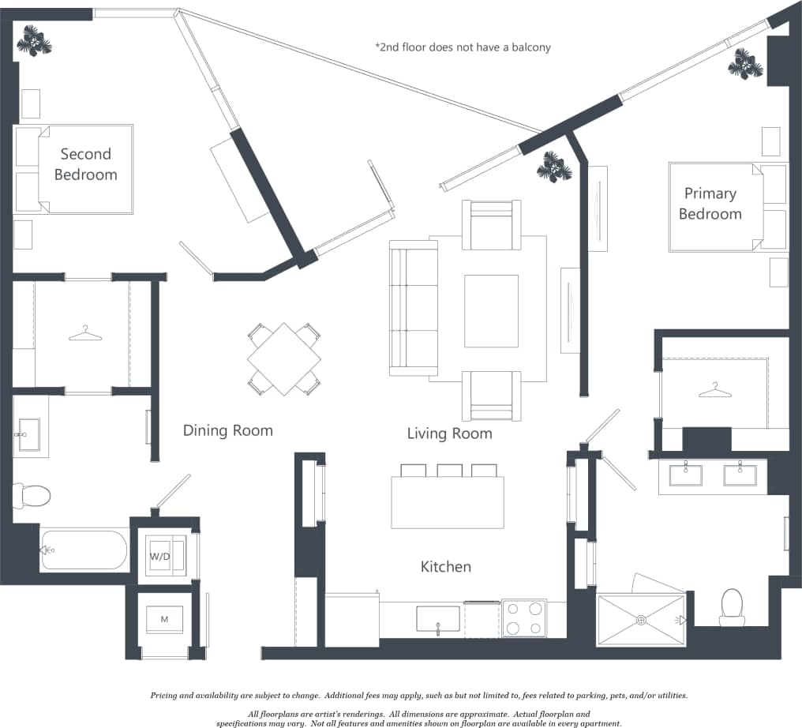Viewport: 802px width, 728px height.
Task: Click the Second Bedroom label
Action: pyautogui.click(x=85, y=164)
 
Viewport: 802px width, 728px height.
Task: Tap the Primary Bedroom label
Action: pyautogui.click(x=710, y=204)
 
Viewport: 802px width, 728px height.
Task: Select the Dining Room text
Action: pyautogui.click(x=227, y=430)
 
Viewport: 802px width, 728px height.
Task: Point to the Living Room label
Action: pyautogui.click(x=449, y=433)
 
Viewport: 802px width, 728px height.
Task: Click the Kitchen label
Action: pyautogui.click(x=445, y=567)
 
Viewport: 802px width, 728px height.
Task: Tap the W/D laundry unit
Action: pyautogui.click(x=161, y=557)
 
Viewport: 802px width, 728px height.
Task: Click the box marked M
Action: pyautogui.click(x=164, y=619)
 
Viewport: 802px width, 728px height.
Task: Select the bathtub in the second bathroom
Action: pyautogui.click(x=84, y=550)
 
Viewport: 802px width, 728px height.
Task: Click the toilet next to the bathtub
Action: pyautogui.click(x=32, y=496)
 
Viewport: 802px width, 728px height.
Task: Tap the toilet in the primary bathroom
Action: pyautogui.click(x=732, y=606)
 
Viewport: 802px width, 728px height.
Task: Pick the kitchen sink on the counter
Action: pyautogui.click(x=437, y=618)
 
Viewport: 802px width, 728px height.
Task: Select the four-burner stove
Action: pyautogui.click(x=524, y=618)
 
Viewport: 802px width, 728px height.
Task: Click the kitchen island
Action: pyautogui.click(x=447, y=502)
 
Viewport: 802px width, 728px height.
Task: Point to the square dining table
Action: pyautogui.click(x=284, y=358)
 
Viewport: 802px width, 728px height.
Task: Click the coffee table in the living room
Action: pyautogui.click(x=491, y=310)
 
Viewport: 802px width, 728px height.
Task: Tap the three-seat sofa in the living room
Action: pyautogui.click(x=414, y=308)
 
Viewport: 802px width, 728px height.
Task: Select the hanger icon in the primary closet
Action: pyautogui.click(x=714, y=390)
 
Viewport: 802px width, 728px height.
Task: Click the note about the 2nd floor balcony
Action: pyautogui.click(x=463, y=47)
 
